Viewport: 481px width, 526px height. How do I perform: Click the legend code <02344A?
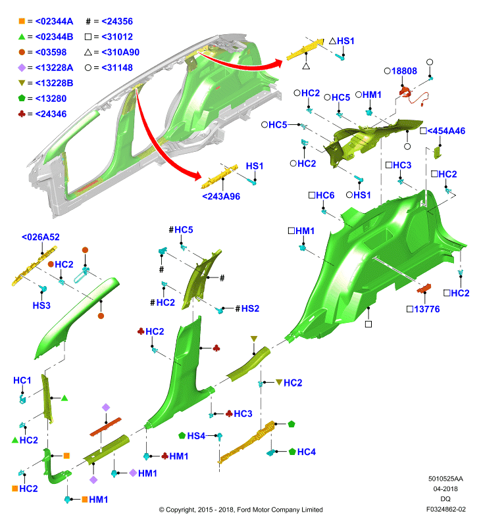coord(54,21)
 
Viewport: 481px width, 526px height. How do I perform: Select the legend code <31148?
coord(117,68)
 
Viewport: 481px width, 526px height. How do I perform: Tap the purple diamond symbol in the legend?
coord(22,68)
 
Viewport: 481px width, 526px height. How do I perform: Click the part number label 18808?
coord(404,71)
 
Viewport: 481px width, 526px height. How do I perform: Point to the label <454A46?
coord(446,131)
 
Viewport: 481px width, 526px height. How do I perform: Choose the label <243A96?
coord(221,196)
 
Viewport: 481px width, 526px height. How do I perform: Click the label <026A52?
coord(41,237)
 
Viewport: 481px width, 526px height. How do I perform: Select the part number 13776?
coord(426,309)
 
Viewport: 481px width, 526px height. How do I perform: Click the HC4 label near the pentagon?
coord(307,452)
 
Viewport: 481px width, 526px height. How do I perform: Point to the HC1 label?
coord(22,380)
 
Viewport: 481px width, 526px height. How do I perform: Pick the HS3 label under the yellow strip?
coord(41,305)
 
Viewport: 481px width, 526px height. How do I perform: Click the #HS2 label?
coord(247,308)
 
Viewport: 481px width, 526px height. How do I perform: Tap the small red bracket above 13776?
coord(424,288)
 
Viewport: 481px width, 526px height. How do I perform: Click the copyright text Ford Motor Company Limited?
coord(280,510)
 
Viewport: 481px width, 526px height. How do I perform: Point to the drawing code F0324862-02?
coord(445,509)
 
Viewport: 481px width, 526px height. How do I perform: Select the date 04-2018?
coord(445,489)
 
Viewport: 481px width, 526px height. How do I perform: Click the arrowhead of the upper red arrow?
coord(278,63)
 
